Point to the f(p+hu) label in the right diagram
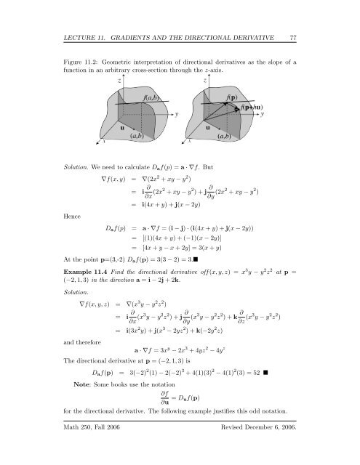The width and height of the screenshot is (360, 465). [x=249, y=107]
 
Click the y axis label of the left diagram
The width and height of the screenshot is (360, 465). [x=177, y=114]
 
